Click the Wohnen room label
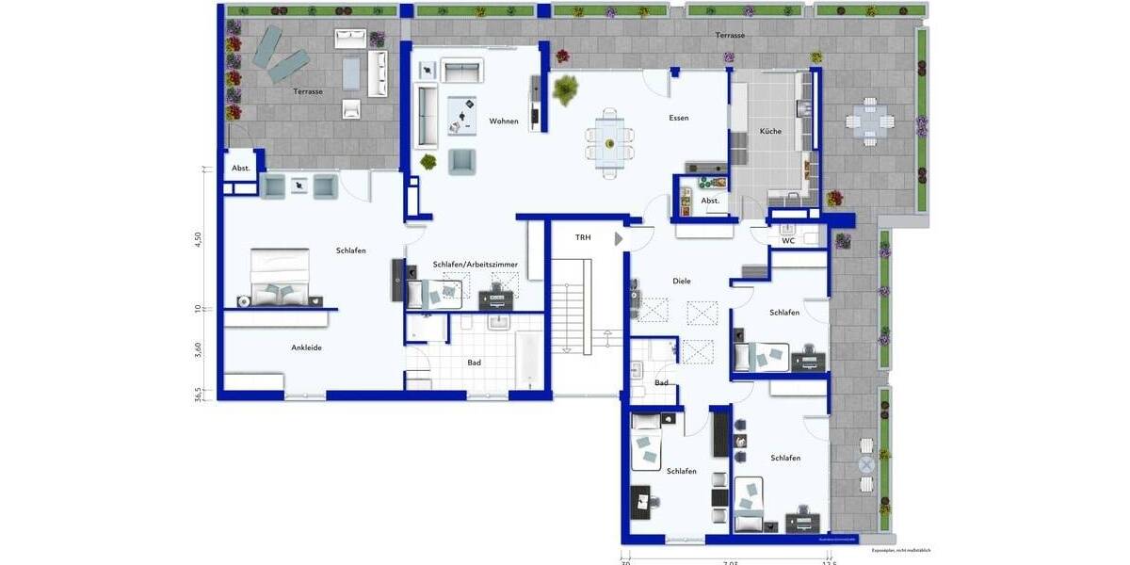504,121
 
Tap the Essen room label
679,119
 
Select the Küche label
769,132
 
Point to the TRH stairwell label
583,238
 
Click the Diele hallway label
682,281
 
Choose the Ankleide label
306,348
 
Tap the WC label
788,241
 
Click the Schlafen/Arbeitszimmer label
476,266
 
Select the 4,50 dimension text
199,239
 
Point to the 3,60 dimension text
199,349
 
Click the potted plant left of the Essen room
566,89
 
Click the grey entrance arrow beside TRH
619,239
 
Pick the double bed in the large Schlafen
280,277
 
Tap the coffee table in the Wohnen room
462,113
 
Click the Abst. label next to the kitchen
710,201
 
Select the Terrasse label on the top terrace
730,36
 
